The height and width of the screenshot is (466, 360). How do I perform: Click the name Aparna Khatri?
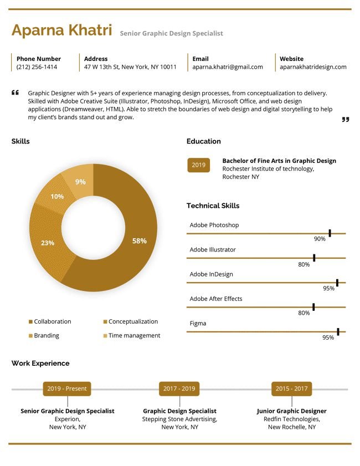(x=62, y=30)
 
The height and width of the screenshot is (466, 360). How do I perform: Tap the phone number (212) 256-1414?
(x=37, y=67)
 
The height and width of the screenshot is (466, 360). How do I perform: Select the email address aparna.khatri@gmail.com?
(x=228, y=67)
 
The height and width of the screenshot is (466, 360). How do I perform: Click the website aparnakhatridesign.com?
(x=313, y=67)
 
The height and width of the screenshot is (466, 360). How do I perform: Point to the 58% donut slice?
(x=140, y=240)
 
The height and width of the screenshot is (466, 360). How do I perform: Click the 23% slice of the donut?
(x=48, y=243)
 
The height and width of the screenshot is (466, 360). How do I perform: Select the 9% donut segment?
(x=81, y=181)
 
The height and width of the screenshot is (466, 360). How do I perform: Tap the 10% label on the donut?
(x=57, y=197)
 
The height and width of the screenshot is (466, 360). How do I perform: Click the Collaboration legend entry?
(x=50, y=321)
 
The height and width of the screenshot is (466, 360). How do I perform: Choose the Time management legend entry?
(x=132, y=335)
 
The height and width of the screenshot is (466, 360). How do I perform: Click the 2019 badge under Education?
(x=198, y=165)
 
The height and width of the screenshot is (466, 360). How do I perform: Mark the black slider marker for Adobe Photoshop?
(x=330, y=233)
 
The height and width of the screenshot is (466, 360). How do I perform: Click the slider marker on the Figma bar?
(x=338, y=332)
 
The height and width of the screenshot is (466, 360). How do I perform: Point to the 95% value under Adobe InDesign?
(x=328, y=288)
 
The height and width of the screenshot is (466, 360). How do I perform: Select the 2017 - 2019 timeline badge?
(x=179, y=388)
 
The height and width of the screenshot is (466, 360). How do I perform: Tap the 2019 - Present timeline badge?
(x=67, y=388)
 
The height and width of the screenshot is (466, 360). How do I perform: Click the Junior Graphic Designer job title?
(x=292, y=411)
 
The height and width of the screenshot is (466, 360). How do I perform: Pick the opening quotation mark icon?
(x=15, y=93)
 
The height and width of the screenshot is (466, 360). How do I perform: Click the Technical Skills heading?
(x=213, y=206)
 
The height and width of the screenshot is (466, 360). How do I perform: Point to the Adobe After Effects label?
(x=216, y=299)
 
